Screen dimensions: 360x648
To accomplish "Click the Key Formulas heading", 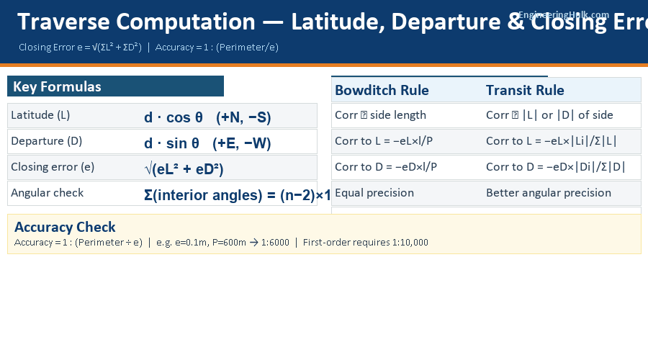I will click(57, 87).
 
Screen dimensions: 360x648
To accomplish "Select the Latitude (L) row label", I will click(40, 115).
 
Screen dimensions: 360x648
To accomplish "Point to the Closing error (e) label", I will click(53, 167).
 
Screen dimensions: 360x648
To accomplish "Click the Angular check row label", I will click(47, 193).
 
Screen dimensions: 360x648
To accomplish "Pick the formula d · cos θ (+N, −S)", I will click(207, 117).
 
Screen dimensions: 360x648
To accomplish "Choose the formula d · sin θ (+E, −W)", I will click(207, 143).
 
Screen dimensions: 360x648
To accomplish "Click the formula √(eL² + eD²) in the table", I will click(184, 169).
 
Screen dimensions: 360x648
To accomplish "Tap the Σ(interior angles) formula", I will click(236, 195).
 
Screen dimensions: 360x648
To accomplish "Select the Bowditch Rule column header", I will click(382, 90).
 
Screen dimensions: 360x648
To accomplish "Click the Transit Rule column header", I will click(525, 90).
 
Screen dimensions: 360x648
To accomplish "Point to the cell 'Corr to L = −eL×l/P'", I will click(386, 141).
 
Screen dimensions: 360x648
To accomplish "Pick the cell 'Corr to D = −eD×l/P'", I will click(386, 167).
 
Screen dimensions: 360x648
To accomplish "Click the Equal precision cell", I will click(374, 193).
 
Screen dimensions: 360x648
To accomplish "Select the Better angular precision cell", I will click(549, 193).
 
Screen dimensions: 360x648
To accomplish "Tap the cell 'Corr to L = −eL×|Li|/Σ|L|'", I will click(552, 141).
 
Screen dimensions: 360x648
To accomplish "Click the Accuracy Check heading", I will click(65, 228).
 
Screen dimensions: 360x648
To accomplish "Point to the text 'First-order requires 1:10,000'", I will click(366, 243).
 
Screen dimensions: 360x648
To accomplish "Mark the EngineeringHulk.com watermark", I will click(564, 14).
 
